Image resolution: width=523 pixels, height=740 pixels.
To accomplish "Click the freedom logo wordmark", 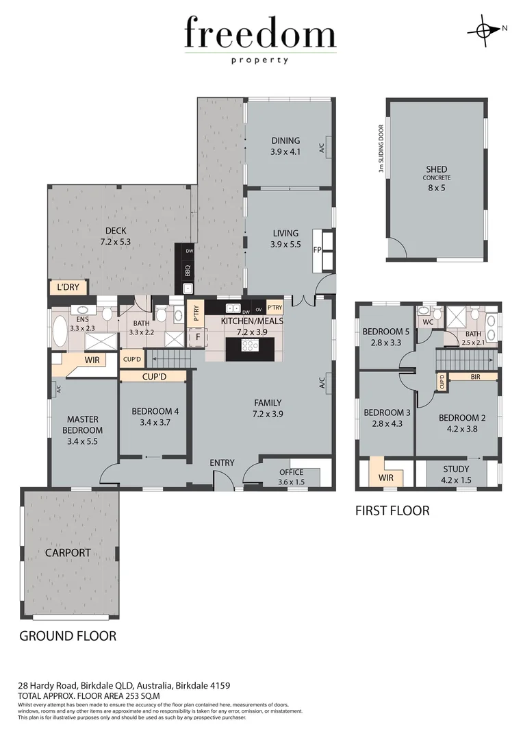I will [260, 34].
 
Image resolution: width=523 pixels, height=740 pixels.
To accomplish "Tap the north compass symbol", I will [484, 30].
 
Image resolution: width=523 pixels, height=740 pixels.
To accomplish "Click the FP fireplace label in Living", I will [317, 250].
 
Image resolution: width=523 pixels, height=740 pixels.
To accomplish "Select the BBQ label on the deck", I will [187, 270].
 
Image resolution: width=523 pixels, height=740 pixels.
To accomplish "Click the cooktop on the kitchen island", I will [250, 346].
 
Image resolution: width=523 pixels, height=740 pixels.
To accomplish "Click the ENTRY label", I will [222, 463].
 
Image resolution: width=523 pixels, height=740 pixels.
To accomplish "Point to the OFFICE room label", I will [291, 472].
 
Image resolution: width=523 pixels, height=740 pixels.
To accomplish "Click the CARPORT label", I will [68, 552].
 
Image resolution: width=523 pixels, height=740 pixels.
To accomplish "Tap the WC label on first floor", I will [428, 321].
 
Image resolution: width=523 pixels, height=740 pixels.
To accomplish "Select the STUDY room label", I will [455, 469].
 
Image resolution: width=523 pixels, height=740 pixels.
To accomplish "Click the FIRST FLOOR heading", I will [392, 510].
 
